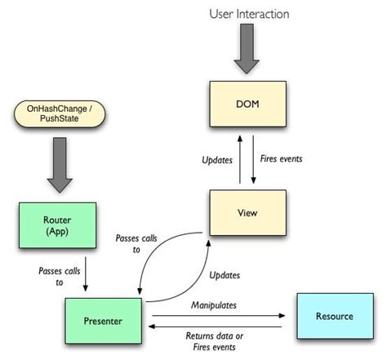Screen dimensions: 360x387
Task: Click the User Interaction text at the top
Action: (x=248, y=14)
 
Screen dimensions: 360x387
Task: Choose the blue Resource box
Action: (x=334, y=316)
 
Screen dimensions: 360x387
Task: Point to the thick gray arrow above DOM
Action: (x=248, y=51)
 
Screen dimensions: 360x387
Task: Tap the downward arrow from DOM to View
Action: (x=255, y=160)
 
